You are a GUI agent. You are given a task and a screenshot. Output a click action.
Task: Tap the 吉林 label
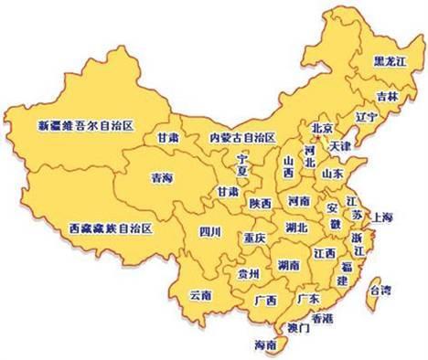(385, 95)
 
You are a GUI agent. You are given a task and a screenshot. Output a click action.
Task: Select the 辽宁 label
(365, 117)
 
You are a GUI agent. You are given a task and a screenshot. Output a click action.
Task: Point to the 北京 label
(321, 128)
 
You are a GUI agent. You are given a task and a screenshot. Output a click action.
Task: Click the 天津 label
(339, 146)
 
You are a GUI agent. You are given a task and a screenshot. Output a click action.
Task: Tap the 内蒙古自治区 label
(242, 137)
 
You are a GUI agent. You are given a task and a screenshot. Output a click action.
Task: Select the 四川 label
(210, 232)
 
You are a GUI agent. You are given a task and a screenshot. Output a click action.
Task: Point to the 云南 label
(200, 295)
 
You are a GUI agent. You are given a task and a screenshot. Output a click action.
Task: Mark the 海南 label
(262, 345)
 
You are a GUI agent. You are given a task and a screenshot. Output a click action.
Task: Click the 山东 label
(332, 172)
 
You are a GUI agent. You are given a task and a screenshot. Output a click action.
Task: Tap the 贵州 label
(248, 272)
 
